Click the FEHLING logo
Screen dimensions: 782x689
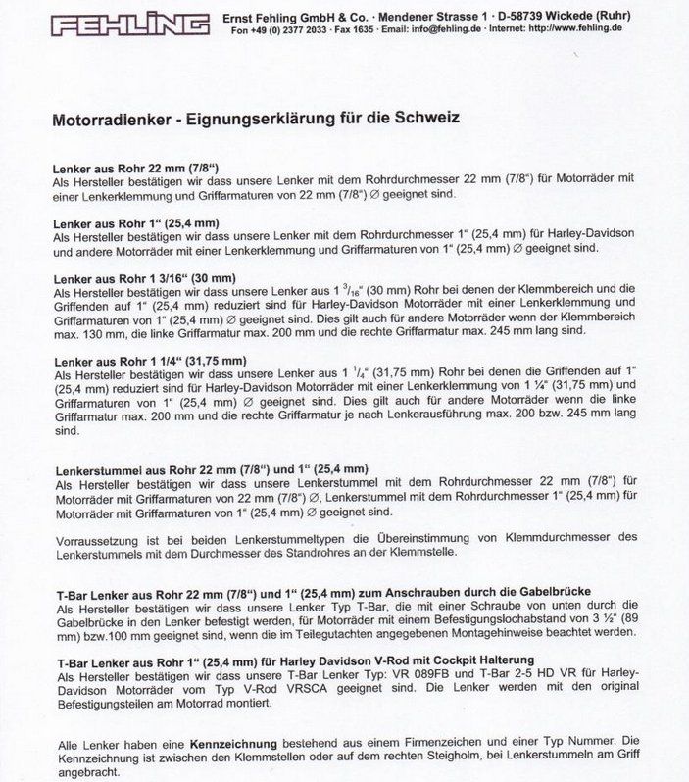click(x=129, y=24)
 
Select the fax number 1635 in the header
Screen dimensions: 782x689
click(x=361, y=29)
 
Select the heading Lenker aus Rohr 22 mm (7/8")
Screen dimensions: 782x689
click(x=134, y=168)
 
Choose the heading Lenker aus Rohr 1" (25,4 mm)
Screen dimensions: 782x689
click(x=135, y=223)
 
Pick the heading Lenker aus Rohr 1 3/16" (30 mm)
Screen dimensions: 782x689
click(x=144, y=278)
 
